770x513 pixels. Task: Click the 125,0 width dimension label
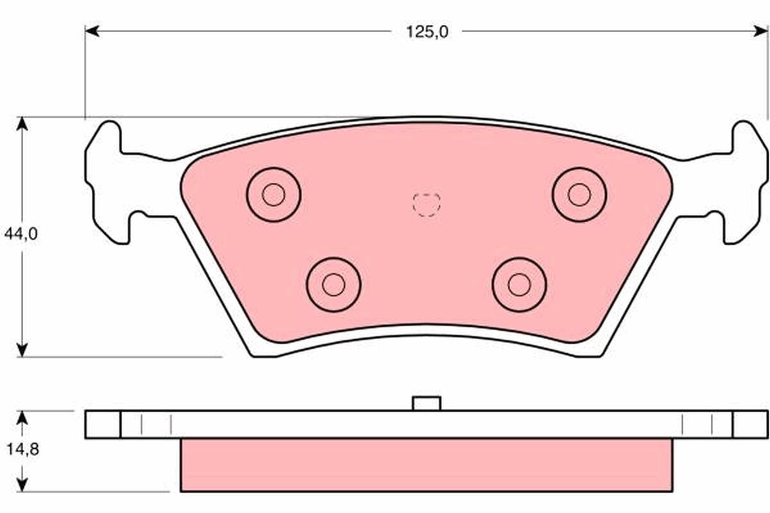click(x=427, y=31)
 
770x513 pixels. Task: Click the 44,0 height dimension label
click(x=21, y=234)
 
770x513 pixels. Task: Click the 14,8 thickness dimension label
click(x=22, y=450)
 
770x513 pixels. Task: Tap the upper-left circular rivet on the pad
click(x=274, y=194)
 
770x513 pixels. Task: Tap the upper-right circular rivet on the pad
click(x=579, y=194)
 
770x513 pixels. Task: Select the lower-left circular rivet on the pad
click(x=333, y=284)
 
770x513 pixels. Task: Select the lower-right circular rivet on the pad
click(x=519, y=284)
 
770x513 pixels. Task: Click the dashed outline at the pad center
click(x=427, y=205)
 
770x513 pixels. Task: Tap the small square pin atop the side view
click(x=427, y=403)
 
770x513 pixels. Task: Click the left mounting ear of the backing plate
click(x=106, y=183)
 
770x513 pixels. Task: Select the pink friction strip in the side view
click(x=427, y=465)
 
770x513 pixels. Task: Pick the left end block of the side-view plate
click(x=103, y=425)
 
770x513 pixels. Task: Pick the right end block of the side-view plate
click(x=750, y=425)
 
